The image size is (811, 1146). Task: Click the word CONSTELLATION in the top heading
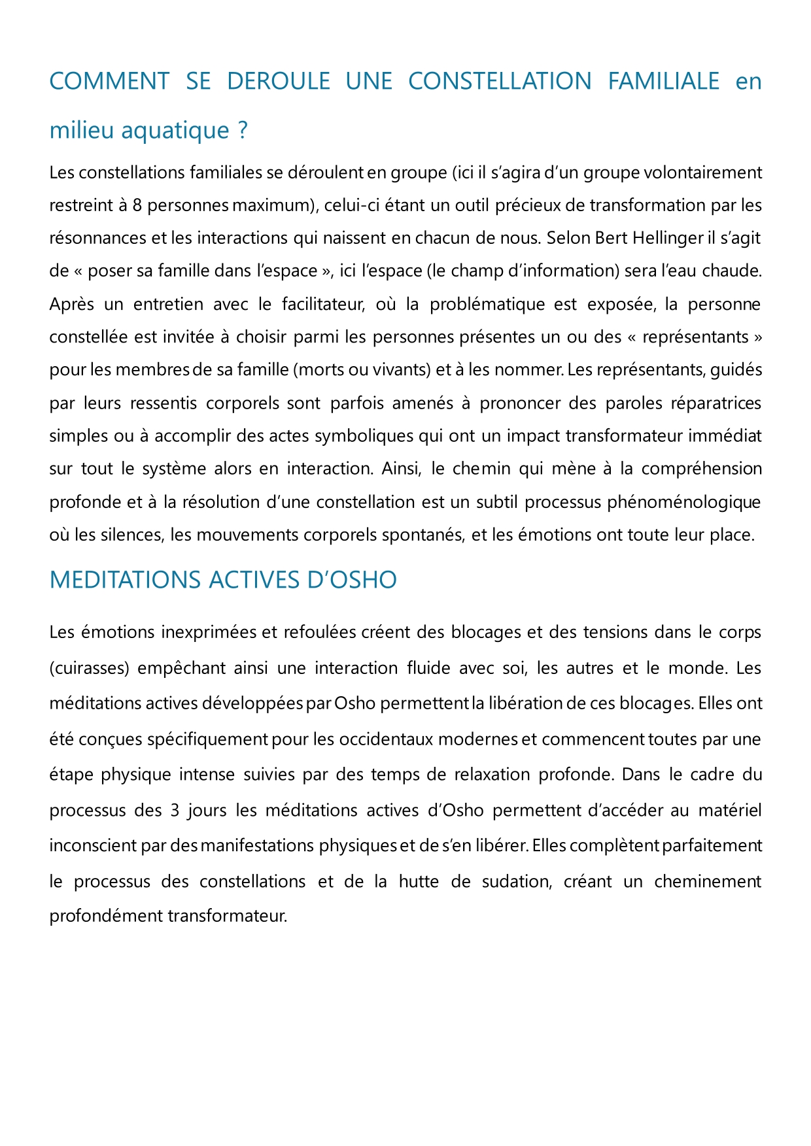click(500, 81)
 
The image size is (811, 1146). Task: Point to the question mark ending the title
click(243, 131)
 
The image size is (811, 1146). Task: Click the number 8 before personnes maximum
click(137, 205)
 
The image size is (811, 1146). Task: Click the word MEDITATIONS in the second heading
click(126, 581)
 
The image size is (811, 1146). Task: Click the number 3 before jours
click(175, 811)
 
